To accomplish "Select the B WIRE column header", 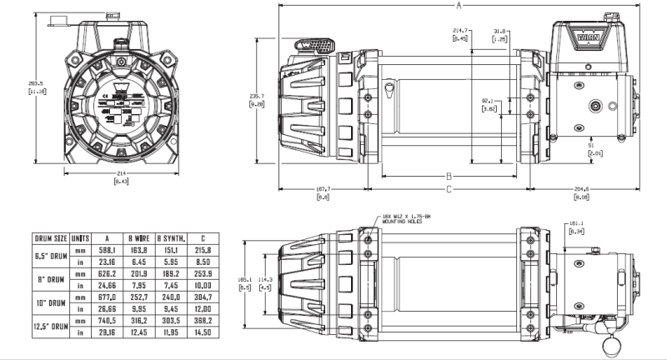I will tap(139, 237).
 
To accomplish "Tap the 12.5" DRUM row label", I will tap(50, 326).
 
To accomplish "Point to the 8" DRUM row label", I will tap(50, 278).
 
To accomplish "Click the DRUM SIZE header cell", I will tap(50, 237).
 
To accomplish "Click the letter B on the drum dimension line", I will tap(449, 176).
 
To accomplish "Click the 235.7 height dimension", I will tap(256, 95).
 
